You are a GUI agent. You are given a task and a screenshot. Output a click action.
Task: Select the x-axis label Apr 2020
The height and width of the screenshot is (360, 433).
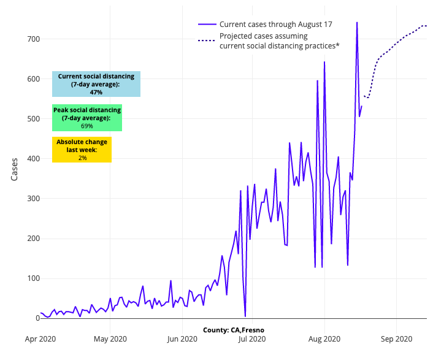point(40,338)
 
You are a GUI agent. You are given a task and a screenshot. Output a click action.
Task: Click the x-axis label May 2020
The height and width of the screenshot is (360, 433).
point(110,338)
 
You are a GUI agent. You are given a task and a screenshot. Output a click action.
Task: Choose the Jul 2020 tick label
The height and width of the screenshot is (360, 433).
point(252,338)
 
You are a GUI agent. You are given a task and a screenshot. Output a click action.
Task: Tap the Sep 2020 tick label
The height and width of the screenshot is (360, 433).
point(396,338)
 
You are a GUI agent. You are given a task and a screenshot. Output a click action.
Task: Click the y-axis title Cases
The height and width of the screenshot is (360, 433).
point(14,169)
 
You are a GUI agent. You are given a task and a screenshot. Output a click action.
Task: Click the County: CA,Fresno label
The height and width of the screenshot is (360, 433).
point(234,330)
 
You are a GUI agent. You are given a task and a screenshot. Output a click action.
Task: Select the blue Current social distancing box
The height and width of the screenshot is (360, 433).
point(96,84)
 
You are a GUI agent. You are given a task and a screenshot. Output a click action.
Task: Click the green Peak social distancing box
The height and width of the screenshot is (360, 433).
point(87,118)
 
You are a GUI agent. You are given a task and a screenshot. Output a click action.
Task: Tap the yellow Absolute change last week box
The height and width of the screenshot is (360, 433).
point(82,150)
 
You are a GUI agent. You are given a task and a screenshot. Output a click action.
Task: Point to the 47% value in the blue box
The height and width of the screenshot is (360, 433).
point(96,92)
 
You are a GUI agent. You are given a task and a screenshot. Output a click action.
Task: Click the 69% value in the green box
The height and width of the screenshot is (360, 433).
point(87,126)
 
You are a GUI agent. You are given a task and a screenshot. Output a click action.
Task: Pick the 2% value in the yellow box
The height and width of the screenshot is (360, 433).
point(82,158)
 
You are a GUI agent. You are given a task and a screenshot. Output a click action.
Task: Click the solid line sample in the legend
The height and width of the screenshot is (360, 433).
point(207,25)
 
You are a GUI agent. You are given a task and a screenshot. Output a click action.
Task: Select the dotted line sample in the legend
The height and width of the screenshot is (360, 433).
point(207,40)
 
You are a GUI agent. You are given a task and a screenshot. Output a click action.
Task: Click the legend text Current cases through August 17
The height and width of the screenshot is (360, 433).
point(276,25)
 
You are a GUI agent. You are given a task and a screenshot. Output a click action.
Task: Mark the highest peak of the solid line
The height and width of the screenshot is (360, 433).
point(357,23)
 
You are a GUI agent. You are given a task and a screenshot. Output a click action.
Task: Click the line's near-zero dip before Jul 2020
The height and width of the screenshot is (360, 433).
point(245,316)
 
